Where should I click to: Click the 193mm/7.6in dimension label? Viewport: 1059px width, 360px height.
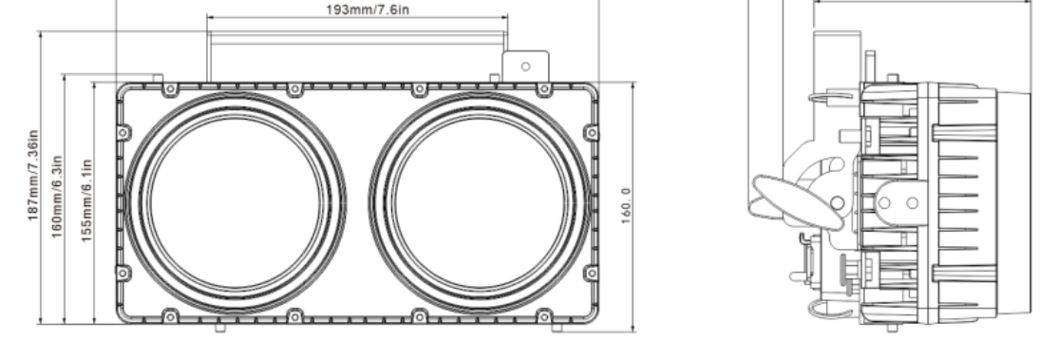[x=368, y=9]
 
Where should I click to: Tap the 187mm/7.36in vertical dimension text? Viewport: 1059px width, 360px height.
[x=33, y=175]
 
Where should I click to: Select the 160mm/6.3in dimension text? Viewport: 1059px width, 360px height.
[x=57, y=197]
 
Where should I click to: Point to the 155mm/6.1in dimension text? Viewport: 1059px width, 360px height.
[x=86, y=200]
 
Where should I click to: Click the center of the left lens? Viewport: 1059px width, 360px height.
[x=236, y=202]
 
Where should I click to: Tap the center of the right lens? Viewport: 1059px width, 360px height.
[x=480, y=202]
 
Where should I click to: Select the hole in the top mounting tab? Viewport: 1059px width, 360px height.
[x=525, y=66]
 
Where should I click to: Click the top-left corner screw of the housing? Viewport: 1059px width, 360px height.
[x=170, y=89]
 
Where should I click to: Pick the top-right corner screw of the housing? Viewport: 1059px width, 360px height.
[x=543, y=89]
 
